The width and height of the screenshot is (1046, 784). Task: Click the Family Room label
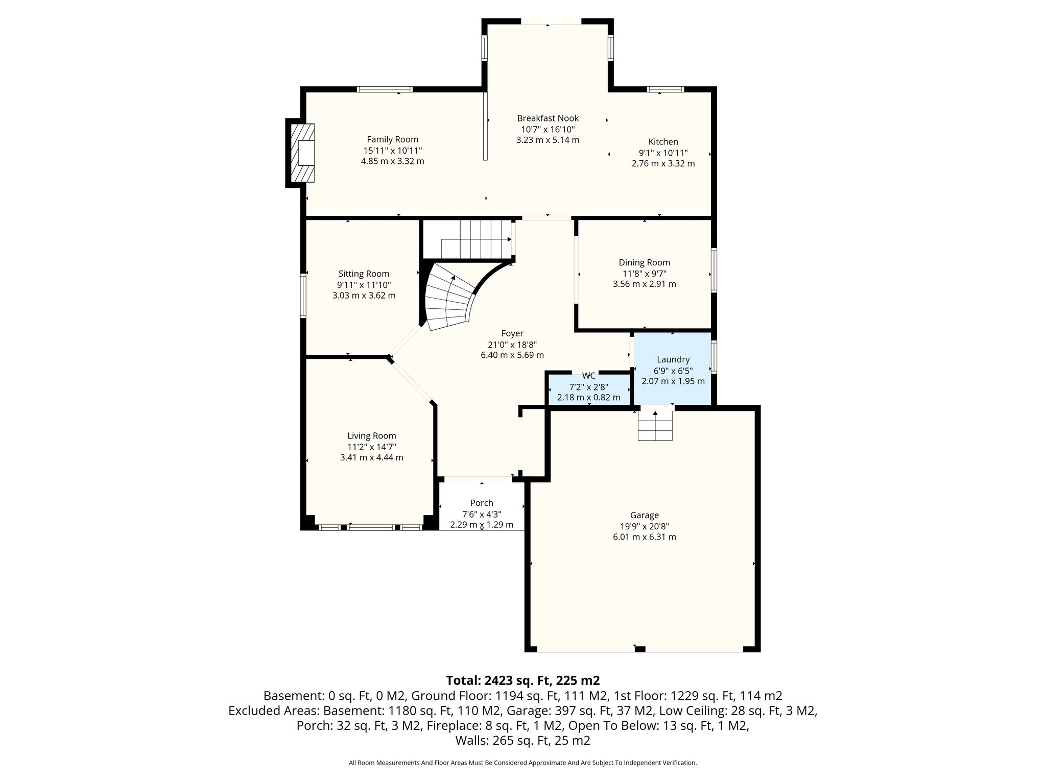tap(392, 139)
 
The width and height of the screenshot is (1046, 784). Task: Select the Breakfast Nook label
tap(548, 118)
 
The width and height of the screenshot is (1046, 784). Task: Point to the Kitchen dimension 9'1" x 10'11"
tap(663, 153)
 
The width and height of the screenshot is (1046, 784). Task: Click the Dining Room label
tap(644, 262)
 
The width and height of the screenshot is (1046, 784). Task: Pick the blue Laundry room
tap(673, 369)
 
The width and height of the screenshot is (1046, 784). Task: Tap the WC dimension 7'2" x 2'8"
tap(588, 387)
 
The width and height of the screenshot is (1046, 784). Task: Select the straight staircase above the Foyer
tap(468, 239)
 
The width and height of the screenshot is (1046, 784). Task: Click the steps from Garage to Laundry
tap(655, 425)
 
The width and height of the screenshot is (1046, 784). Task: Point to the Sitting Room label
tap(364, 274)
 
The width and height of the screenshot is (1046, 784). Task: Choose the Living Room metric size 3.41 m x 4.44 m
tap(371, 457)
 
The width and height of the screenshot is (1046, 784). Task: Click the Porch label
tap(482, 503)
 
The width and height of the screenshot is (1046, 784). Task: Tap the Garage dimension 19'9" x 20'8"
tap(644, 526)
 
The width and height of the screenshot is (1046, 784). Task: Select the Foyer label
tap(512, 333)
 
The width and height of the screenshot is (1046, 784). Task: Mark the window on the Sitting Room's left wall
tap(303, 296)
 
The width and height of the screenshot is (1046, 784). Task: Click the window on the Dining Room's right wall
tap(714, 270)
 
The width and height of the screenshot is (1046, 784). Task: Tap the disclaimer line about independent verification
tap(522, 763)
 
